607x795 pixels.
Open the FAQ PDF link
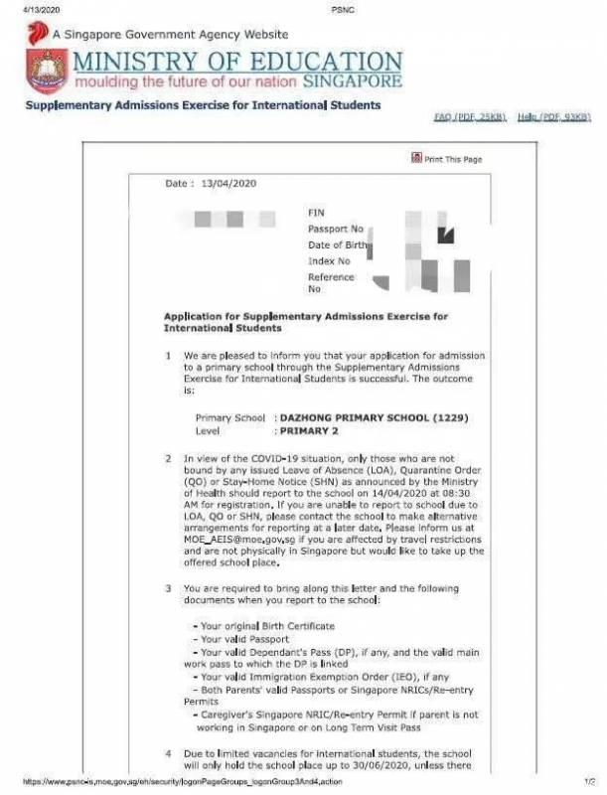click(x=470, y=117)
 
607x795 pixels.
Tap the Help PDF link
click(x=553, y=117)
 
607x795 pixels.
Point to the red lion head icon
click(x=38, y=32)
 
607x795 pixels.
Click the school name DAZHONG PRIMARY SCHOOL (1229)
click(x=362, y=417)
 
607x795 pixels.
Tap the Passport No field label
click(x=336, y=229)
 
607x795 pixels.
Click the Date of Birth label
click(x=338, y=244)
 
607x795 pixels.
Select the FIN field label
click(x=316, y=213)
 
